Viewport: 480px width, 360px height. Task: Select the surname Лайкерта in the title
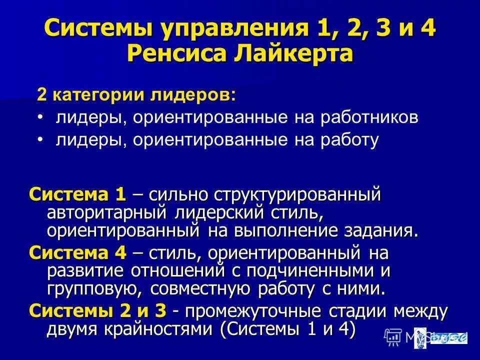point(290,53)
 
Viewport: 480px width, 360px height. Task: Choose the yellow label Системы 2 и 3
point(97,311)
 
